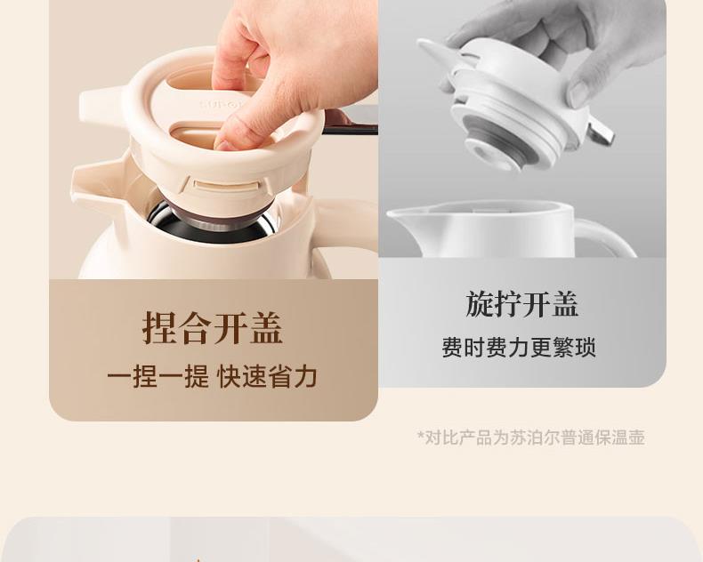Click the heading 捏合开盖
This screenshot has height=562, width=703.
point(213,328)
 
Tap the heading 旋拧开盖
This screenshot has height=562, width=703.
point(522,304)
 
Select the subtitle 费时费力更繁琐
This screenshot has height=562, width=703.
point(519,348)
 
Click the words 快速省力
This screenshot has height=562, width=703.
point(268,376)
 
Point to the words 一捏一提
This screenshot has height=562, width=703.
point(158,376)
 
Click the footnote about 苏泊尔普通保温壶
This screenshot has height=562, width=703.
point(531,438)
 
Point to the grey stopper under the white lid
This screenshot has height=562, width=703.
point(492,143)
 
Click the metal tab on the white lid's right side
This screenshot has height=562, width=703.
point(601,130)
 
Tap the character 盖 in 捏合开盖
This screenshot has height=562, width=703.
point(266,328)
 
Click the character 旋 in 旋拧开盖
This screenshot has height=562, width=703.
point(480,304)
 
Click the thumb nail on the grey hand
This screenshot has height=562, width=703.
point(578,92)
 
